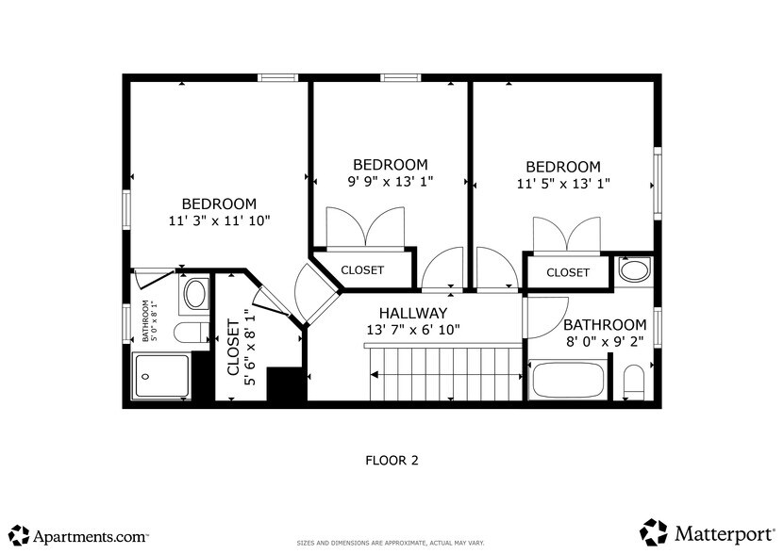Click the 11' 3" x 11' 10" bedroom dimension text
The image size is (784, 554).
tap(219, 221)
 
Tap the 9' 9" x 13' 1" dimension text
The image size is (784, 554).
tap(390, 182)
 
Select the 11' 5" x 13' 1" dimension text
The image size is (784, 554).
tap(563, 184)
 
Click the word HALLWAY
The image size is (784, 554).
tap(412, 312)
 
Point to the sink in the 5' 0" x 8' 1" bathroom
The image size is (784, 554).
tap(196, 294)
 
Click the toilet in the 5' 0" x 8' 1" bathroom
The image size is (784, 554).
tap(192, 333)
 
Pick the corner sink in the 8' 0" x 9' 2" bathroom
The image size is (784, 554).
tap(635, 271)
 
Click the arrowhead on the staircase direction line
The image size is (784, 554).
tap(375, 375)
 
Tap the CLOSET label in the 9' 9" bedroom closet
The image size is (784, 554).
tap(362, 270)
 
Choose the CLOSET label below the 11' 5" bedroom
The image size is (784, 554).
tap(568, 272)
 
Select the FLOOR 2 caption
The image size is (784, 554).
tap(392, 461)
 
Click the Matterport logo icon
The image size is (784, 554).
tap(654, 531)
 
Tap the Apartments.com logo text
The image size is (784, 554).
tap(91, 535)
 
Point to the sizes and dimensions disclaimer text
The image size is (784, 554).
tap(391, 543)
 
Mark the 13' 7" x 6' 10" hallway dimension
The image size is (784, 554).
tap(412, 330)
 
